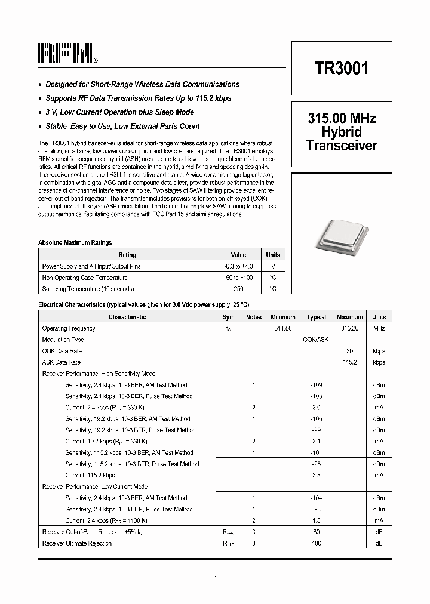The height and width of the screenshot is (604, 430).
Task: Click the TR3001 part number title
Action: coord(341,68)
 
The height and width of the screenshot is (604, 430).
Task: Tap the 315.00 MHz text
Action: coord(341,119)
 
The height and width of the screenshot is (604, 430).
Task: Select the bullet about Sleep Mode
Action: coord(119,112)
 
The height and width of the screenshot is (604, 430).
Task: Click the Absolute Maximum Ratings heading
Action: coord(75,242)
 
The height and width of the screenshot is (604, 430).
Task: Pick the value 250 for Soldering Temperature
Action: coord(238,289)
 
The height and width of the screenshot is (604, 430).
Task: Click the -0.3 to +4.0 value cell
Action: coord(238,266)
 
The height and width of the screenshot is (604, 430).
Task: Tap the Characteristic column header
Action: coord(127,317)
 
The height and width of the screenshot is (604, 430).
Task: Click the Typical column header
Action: coord(316,317)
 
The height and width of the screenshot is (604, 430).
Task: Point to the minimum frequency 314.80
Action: coord(282,328)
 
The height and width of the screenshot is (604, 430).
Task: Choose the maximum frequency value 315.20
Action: coord(349,328)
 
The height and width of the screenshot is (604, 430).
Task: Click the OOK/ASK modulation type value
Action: coord(316,340)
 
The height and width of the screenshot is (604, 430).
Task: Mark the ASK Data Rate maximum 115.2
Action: coord(349,362)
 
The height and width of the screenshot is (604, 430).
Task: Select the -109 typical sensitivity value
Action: coord(316,385)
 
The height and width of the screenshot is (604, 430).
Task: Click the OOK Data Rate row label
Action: coord(62,351)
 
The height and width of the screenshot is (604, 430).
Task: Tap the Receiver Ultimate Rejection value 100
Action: coord(316,543)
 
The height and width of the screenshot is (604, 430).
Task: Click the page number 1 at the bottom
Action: coord(215,577)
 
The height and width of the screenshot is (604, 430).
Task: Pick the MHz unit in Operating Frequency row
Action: coord(379,328)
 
